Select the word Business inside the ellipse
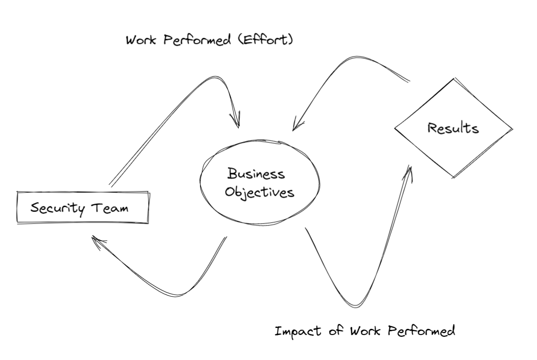point(257,174)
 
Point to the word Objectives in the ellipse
point(259,193)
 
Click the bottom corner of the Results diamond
point(453,178)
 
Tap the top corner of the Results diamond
point(454,78)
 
